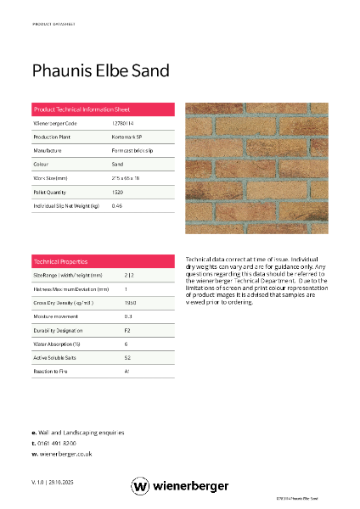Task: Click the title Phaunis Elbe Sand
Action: (x=101, y=70)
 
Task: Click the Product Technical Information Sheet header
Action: (x=82, y=110)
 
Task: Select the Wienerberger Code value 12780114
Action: (x=122, y=124)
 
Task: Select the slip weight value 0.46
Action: (x=117, y=205)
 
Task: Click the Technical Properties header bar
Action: (x=103, y=261)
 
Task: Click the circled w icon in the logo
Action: (x=140, y=486)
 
